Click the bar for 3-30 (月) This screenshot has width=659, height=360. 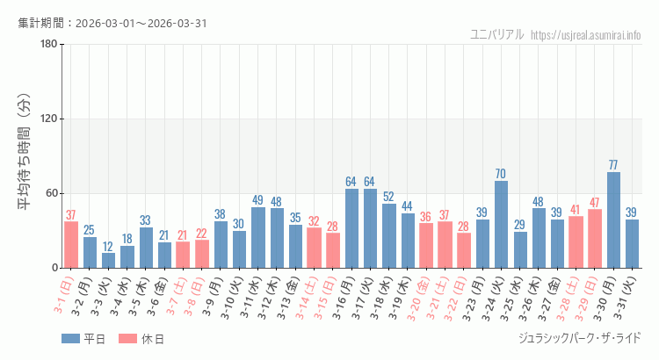pos(613,220)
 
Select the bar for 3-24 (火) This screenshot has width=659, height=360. pos(501,224)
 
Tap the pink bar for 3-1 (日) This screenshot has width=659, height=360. pos(71,244)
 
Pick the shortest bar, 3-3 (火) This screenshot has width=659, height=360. pos(108,260)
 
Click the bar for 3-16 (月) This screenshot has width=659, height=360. pos(351,228)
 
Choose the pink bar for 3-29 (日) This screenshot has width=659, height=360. pos(595,238)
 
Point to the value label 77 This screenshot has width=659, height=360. pos(613,165)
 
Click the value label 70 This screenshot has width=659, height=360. pos(501,174)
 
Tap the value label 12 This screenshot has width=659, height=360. pos(108,246)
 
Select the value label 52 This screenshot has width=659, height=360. pos(388,197)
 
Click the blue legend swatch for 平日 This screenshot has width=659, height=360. pos(71,339)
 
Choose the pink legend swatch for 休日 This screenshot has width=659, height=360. pos(127,339)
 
